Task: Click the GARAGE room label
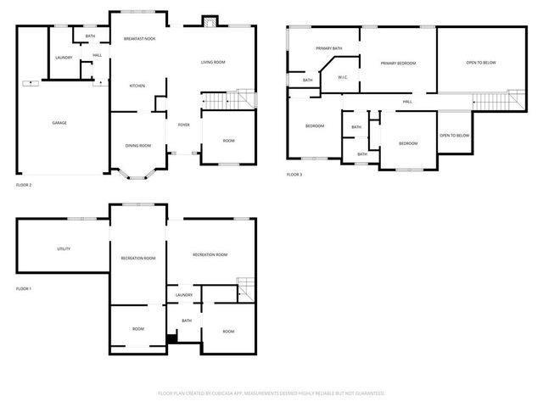coord(59,123)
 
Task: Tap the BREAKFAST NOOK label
coord(139,39)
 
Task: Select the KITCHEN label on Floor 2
coord(137,86)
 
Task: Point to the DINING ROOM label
coord(138,146)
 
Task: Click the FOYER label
coord(183,125)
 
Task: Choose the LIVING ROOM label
coord(213,63)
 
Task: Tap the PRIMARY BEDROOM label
coord(397,64)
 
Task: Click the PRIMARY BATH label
coord(328,48)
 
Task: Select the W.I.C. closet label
coord(343,78)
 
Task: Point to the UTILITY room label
coord(64,249)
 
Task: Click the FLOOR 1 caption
coord(24,289)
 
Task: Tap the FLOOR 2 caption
coord(24,184)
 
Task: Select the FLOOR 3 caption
coord(294,175)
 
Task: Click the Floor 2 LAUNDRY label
coord(64,58)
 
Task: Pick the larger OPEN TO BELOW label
coord(480,63)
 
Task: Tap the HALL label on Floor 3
coord(407,102)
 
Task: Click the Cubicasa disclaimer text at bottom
coord(271,393)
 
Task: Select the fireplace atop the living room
coord(208,21)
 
